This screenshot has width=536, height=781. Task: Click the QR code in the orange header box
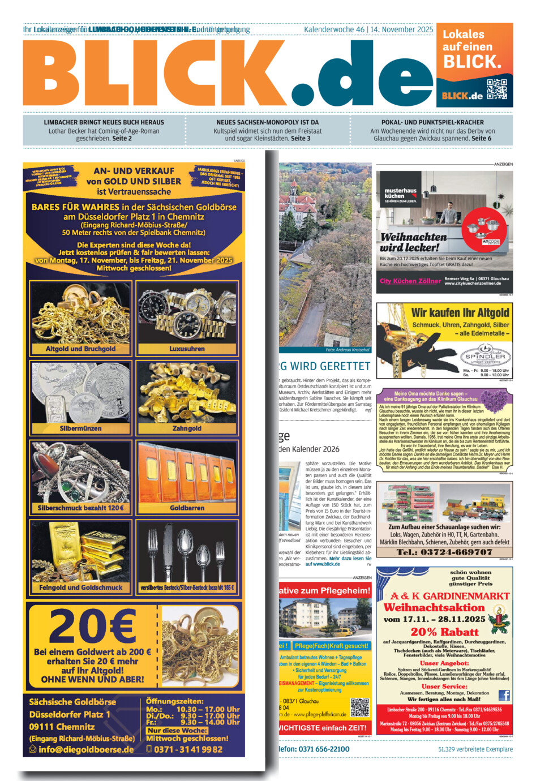pyautogui.click(x=497, y=89)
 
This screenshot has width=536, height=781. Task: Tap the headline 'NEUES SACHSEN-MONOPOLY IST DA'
pyautogui.click(x=268, y=122)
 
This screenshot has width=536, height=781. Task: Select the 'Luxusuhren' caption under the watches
pyautogui.click(x=187, y=349)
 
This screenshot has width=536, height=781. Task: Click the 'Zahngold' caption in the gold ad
pyautogui.click(x=187, y=428)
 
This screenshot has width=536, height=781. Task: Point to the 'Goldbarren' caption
pyautogui.click(x=187, y=508)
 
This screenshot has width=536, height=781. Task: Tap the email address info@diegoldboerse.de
pyautogui.click(x=86, y=749)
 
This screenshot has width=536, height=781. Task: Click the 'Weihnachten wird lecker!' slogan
pyautogui.click(x=413, y=242)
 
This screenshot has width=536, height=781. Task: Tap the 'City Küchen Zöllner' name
pyautogui.click(x=410, y=281)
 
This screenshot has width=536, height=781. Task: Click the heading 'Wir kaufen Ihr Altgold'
pyautogui.click(x=460, y=312)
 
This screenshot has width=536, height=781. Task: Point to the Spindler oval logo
pyautogui.click(x=485, y=358)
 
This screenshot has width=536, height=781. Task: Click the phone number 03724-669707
pyautogui.click(x=444, y=552)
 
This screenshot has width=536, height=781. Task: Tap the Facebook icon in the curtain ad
pyautogui.click(x=504, y=696)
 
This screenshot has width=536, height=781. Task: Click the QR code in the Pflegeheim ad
pyautogui.click(x=360, y=707)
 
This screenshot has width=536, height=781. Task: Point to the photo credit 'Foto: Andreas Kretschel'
pyautogui.click(x=348, y=350)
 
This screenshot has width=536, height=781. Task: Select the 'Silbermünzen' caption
pyautogui.click(x=80, y=428)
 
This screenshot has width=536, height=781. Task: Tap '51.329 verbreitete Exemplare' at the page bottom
pyautogui.click(x=475, y=749)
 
